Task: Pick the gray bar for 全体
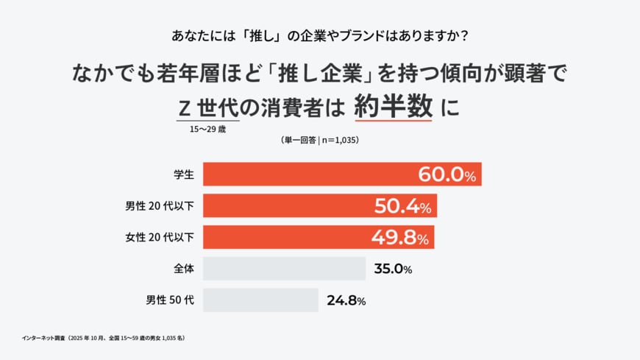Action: pyautogui.click(x=284, y=269)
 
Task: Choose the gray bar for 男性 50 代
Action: pyautogui.click(x=260, y=300)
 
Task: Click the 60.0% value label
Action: pyautogui.click(x=447, y=174)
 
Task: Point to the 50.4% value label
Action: pyautogui.click(x=402, y=206)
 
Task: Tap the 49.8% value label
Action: pyautogui.click(x=400, y=237)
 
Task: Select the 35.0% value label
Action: pyautogui.click(x=393, y=269)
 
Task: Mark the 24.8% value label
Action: pyautogui.click(x=346, y=300)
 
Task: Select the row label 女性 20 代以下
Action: pyautogui.click(x=160, y=237)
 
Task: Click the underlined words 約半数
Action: pyautogui.click(x=393, y=108)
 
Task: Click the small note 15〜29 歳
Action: pyautogui.click(x=209, y=130)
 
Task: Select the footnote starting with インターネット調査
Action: pyautogui.click(x=103, y=338)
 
